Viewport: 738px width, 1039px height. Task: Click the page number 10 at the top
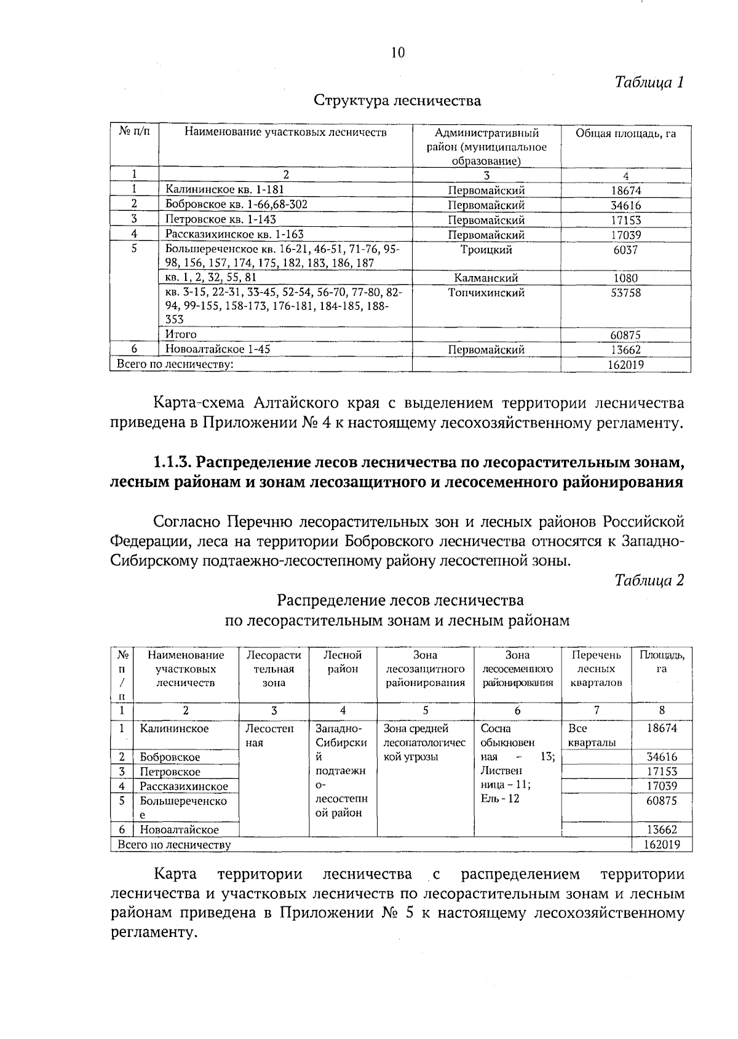click(398, 53)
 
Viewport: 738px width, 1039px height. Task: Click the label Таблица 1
click(649, 82)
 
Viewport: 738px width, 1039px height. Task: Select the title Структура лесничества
click(397, 100)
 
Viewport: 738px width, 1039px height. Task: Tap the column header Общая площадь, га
click(625, 134)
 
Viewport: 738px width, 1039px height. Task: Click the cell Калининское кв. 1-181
click(224, 190)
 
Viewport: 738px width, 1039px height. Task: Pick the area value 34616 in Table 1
click(625, 205)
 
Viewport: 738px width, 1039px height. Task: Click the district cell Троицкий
click(486, 250)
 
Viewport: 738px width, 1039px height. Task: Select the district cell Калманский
click(486, 278)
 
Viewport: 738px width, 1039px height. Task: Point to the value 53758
click(625, 293)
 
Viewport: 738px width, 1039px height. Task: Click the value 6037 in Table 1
click(625, 250)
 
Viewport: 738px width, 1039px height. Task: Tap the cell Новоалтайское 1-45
click(218, 349)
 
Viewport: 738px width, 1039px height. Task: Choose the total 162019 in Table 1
click(625, 365)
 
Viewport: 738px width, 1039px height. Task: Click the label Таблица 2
click(649, 580)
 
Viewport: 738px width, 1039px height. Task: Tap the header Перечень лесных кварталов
click(596, 669)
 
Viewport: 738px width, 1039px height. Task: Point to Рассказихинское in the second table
click(184, 786)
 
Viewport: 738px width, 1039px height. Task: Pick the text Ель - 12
click(500, 799)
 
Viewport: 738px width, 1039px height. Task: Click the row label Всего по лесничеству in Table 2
click(174, 845)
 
